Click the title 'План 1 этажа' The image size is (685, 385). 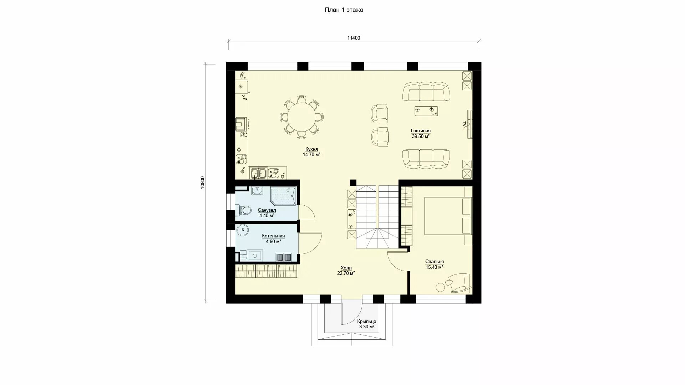coord(344,10)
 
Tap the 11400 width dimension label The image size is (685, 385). coord(354,38)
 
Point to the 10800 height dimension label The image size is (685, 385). coord(203,183)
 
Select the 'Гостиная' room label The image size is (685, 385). coord(421,131)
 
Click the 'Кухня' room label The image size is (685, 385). coord(311,149)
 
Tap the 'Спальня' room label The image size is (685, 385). coord(435,262)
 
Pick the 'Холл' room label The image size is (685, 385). coord(346,268)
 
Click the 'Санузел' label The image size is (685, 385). coord(267,210)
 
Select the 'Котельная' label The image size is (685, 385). coord(273,236)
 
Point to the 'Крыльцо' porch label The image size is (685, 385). coord(366,322)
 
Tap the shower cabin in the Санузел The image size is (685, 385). coord(283,196)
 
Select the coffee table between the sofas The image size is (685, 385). coord(427,111)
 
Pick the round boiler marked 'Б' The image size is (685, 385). coord(243,230)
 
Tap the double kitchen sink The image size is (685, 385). coord(258,173)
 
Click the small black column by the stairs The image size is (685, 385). coord(353,183)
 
